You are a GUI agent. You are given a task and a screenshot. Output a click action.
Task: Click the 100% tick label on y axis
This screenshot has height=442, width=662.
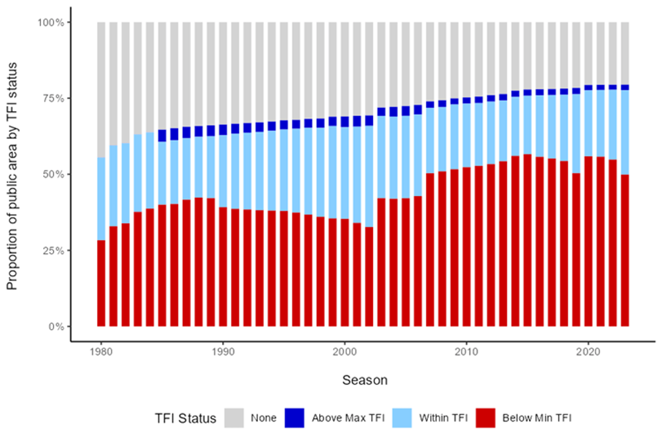51,22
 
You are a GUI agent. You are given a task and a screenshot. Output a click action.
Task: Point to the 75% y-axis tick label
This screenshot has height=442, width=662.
53,98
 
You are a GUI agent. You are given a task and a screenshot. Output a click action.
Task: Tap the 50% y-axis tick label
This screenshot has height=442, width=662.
53,174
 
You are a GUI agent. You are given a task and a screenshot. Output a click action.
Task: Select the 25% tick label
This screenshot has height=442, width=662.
53,251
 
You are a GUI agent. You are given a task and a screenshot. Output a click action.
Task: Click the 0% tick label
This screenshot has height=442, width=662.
56,326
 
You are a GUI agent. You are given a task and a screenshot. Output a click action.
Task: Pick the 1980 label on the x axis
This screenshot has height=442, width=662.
101,352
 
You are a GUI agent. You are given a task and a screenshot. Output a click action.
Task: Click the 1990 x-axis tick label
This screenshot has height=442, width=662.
223,352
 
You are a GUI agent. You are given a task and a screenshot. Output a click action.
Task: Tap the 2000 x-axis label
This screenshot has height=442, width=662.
345,352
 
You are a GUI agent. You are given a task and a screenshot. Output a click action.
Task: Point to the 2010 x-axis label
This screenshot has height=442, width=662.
466,352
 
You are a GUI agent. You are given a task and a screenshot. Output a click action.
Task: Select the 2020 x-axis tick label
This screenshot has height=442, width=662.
588,352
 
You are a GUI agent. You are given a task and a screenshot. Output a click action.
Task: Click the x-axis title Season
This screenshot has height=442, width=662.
365,380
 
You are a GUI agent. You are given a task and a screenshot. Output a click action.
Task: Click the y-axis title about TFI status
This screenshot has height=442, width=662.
12,176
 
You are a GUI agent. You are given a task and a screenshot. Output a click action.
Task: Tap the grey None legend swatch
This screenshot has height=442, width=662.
234,418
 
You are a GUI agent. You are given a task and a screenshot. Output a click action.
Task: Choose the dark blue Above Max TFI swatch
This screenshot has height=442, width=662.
294,418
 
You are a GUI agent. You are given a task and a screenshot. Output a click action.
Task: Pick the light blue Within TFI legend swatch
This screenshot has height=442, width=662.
402,418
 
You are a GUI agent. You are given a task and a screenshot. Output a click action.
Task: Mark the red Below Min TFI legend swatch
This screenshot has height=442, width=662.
485,418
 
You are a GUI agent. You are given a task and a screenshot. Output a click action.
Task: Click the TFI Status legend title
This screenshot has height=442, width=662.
185,418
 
